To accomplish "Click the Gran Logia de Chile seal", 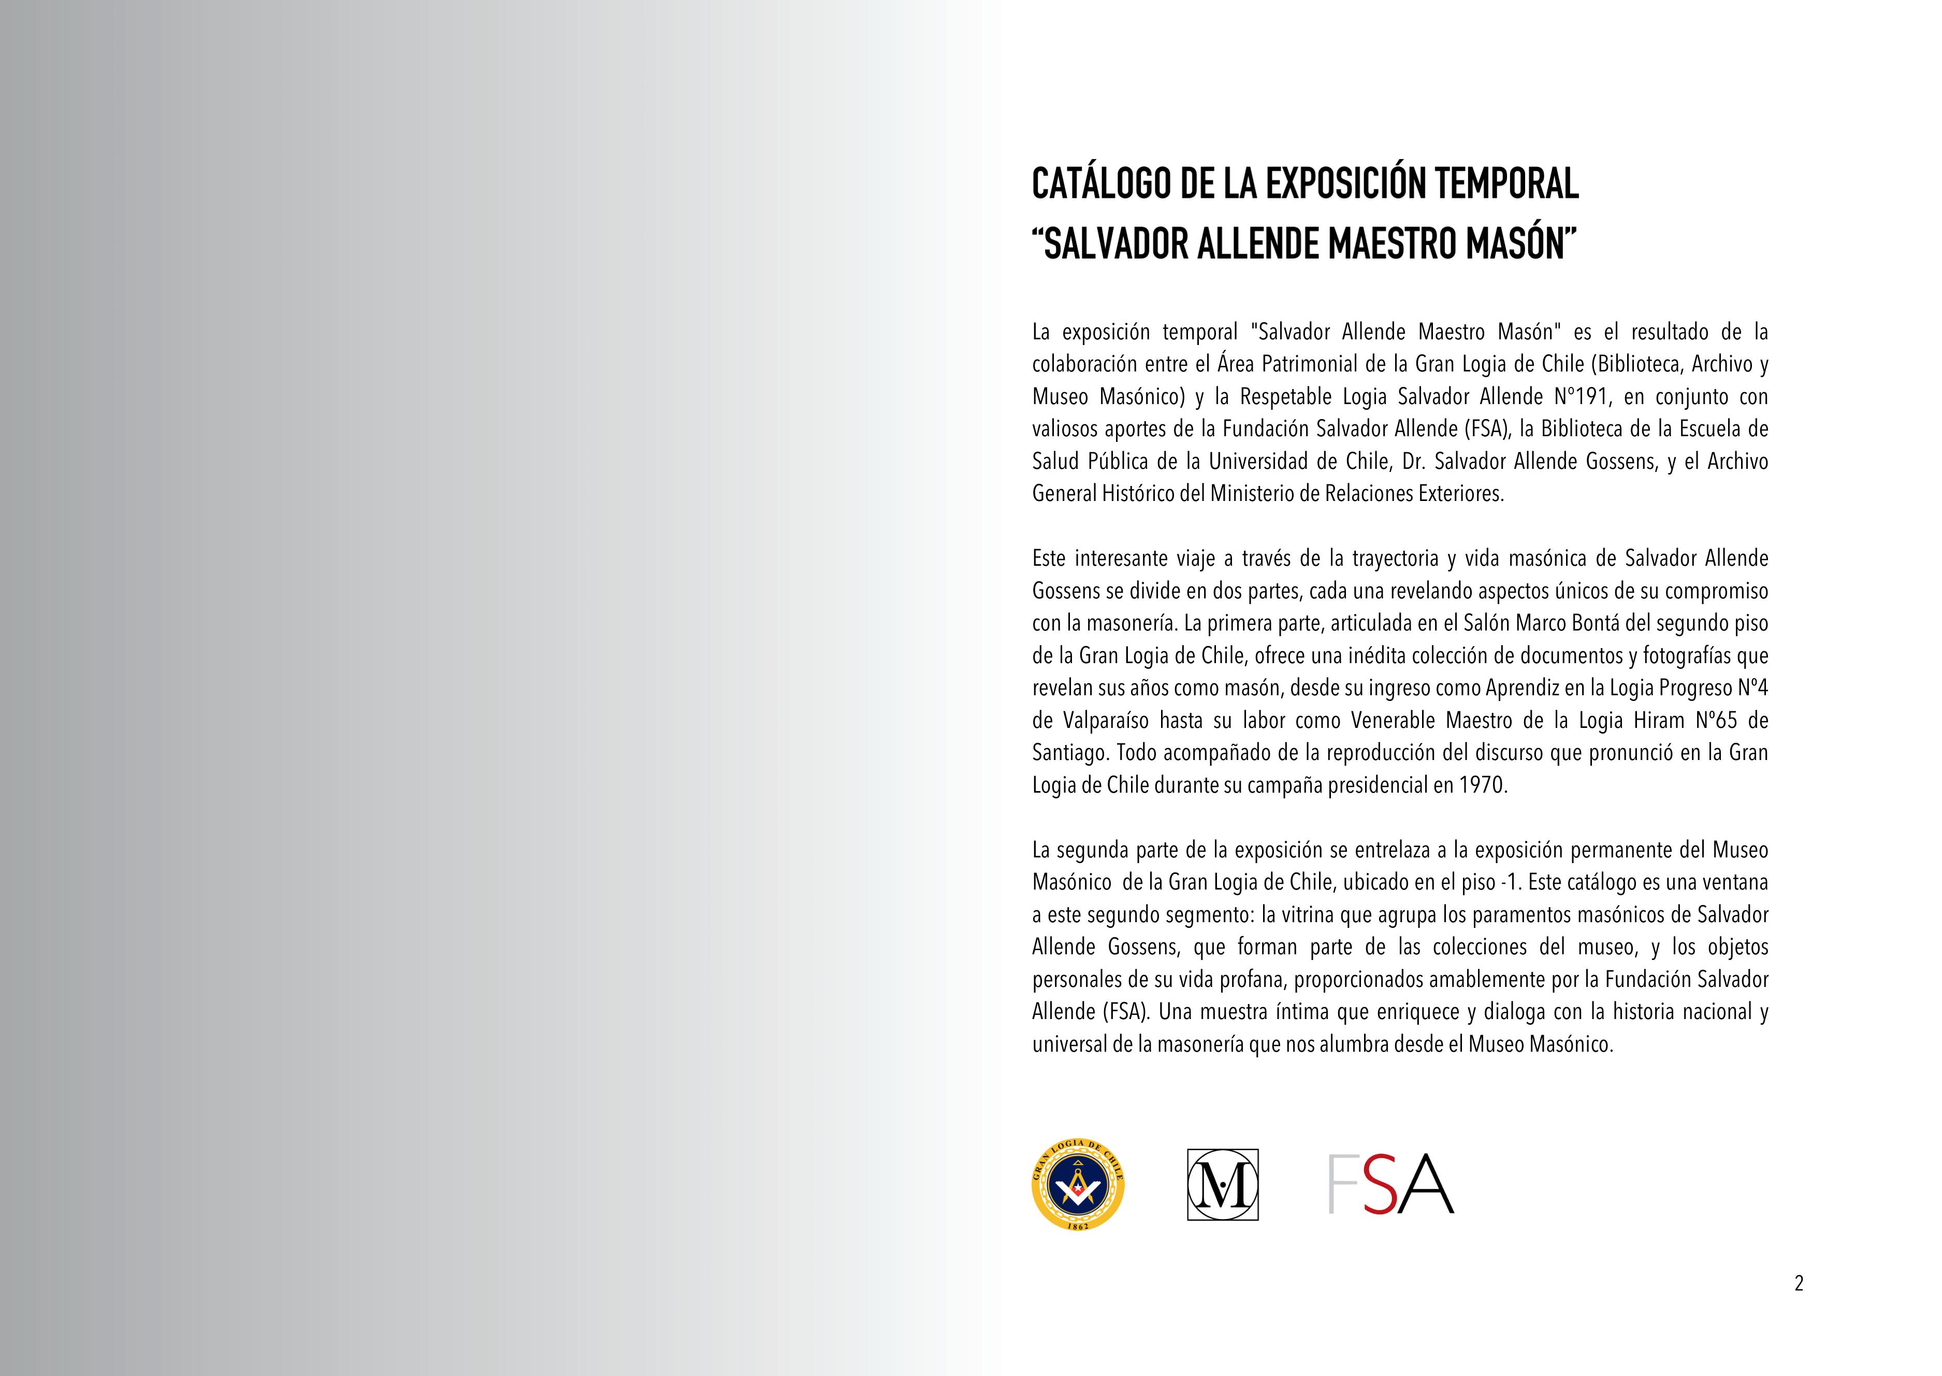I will coord(1077,1184).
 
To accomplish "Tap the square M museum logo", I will coord(1222,1184).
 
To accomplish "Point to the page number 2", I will coord(1799,1284).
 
